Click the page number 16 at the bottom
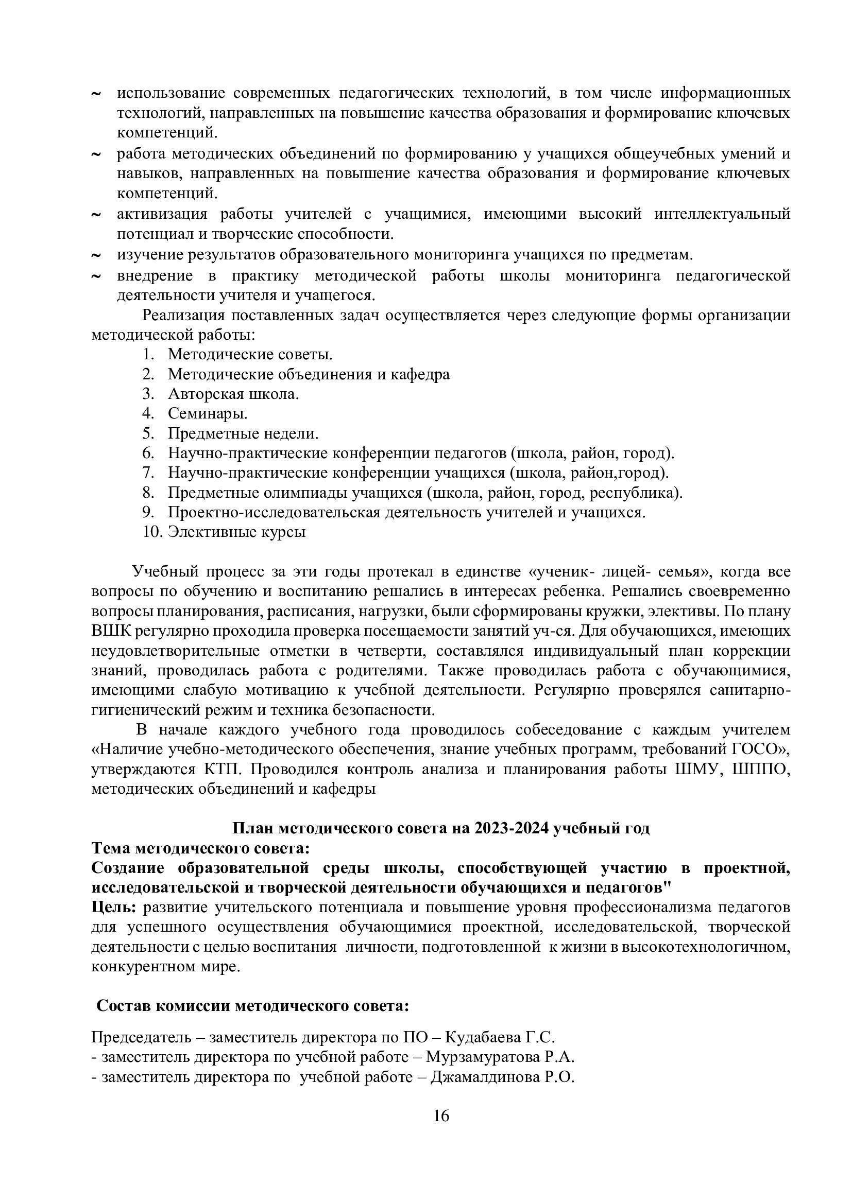point(441,1116)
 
